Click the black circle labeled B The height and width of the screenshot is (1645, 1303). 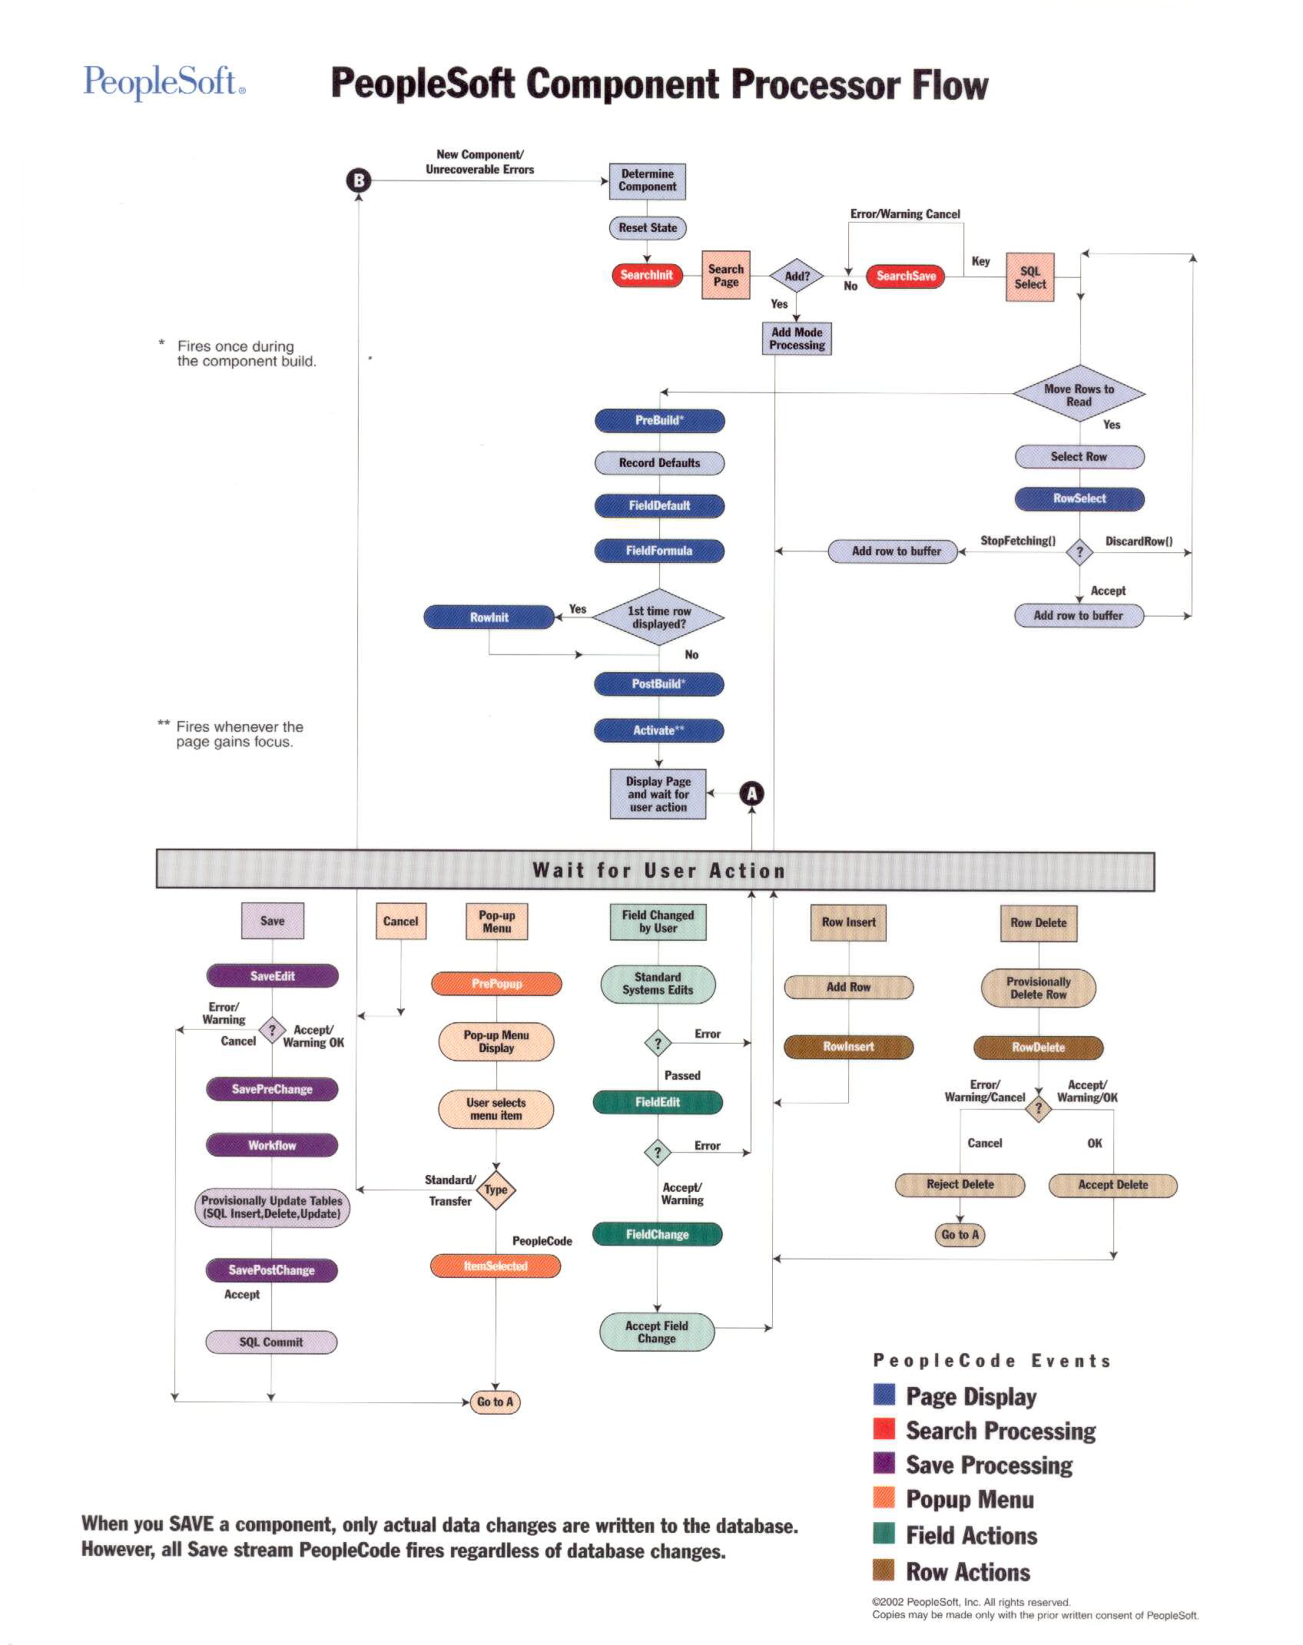[x=358, y=180]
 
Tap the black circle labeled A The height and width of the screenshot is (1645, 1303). [x=751, y=793]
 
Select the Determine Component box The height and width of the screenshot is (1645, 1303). [x=647, y=181]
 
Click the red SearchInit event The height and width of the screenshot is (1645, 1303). [x=647, y=275]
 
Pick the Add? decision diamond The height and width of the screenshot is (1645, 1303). [x=797, y=276]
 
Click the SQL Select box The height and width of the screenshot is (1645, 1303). [x=1029, y=277]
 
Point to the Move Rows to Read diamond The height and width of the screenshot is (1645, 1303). [x=1079, y=395]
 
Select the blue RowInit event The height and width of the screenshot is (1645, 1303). [x=489, y=617]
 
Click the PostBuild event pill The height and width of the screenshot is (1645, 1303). [x=658, y=684]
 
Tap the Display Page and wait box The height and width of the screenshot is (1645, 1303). [x=658, y=794]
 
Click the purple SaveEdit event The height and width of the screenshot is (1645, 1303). [x=272, y=976]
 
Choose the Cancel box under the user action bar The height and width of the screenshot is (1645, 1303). [x=400, y=921]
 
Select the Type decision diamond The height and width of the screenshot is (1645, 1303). [x=496, y=1190]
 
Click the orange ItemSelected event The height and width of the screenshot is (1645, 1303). [x=496, y=1266]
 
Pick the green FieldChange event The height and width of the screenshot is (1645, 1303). [x=657, y=1234]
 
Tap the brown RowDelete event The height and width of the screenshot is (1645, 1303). [x=1038, y=1048]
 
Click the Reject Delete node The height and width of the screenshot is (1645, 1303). [x=960, y=1184]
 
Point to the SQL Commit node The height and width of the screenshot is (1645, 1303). [x=271, y=1342]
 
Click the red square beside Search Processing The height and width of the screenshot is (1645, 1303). [x=884, y=1428]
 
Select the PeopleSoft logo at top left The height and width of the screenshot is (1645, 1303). [x=164, y=81]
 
